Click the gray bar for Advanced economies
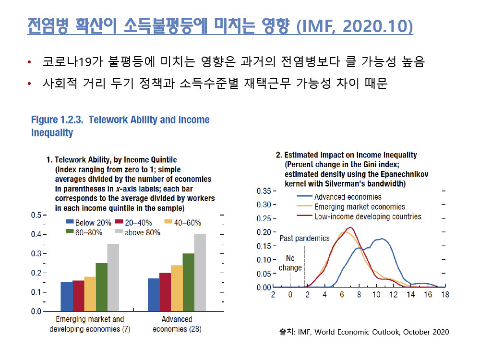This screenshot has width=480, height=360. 200,272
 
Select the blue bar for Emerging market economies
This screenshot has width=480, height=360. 66,296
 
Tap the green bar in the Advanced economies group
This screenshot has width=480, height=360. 188,282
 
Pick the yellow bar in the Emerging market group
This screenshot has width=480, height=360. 90,293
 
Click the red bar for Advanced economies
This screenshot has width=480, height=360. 165,291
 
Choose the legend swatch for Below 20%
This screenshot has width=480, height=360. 69,223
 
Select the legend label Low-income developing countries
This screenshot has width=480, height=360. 368,216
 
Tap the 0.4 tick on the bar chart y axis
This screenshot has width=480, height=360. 36,234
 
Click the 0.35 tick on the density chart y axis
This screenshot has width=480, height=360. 263,191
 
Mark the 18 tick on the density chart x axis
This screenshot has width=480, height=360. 445,295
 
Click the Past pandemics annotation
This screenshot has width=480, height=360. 304,238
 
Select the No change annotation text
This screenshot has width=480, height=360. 290,263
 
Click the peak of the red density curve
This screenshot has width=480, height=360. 350,228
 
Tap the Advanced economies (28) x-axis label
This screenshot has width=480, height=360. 177,324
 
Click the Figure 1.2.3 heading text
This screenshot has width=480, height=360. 120,126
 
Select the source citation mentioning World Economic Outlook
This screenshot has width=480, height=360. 364,332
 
